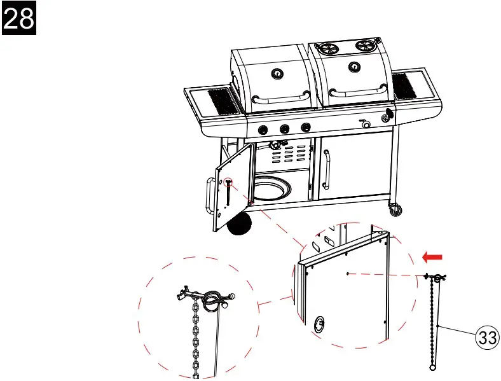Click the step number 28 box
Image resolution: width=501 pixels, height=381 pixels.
tap(19, 19)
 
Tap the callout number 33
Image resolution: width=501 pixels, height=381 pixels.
tap(487, 338)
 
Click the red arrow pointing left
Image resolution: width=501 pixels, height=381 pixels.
tap(432, 257)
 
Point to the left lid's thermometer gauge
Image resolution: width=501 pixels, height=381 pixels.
tap(277, 74)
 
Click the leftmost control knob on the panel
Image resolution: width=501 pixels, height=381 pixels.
tap(261, 130)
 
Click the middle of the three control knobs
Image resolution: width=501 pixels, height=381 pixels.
tap(284, 128)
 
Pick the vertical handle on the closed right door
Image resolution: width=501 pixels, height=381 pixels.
tap(326, 169)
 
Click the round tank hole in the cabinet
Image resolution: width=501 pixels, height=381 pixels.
tap(273, 190)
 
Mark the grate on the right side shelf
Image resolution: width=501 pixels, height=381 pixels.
tap(402, 85)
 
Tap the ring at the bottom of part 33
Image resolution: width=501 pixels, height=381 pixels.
tap(432, 368)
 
